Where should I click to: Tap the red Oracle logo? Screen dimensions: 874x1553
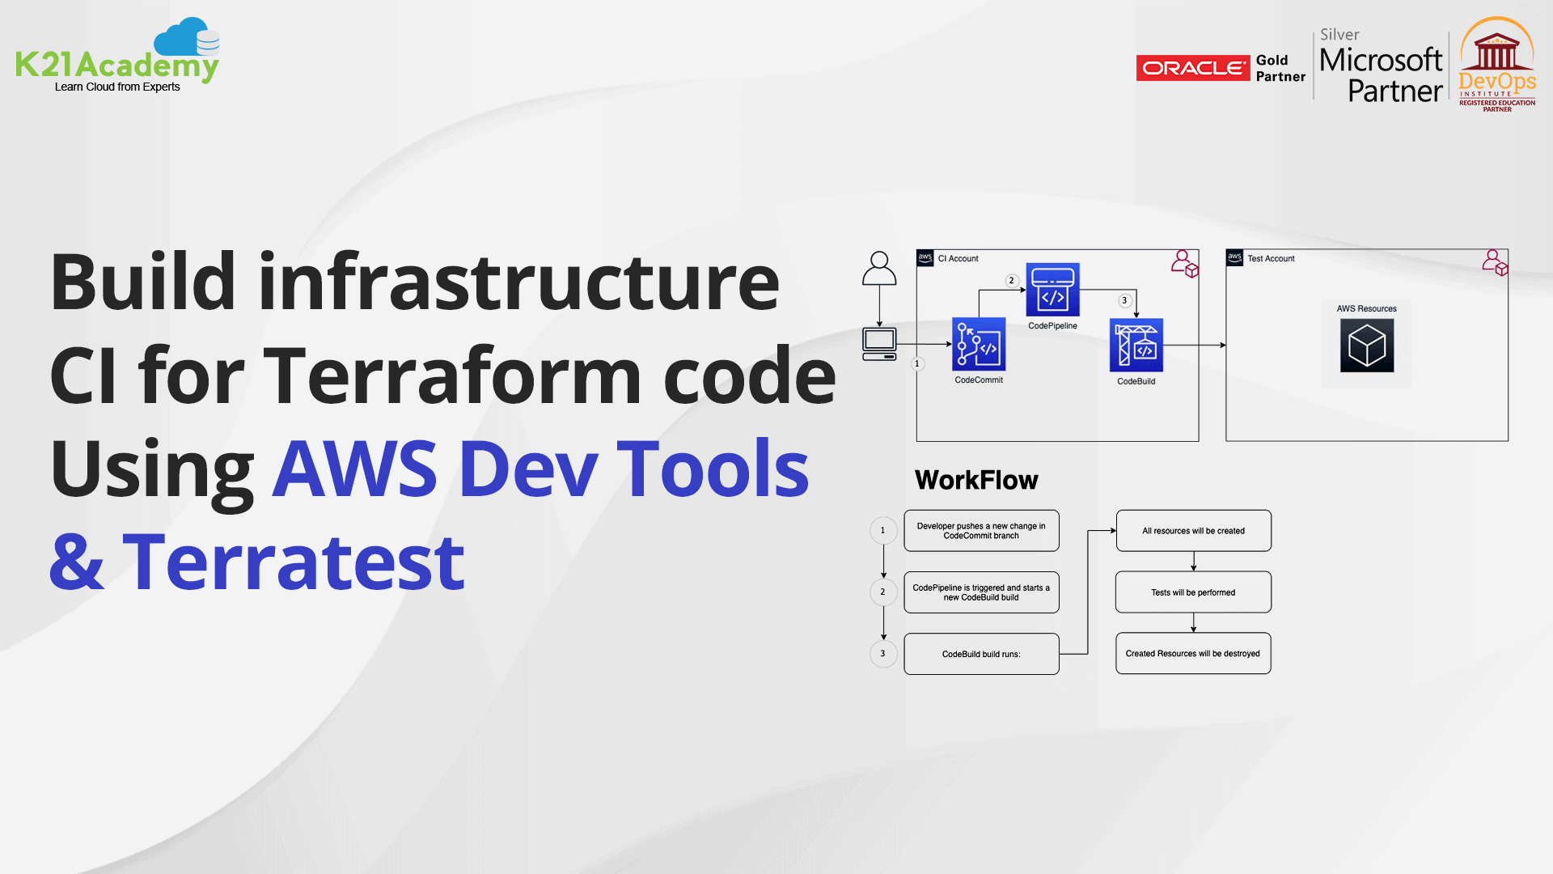1192,68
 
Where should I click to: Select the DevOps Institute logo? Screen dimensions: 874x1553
1497,65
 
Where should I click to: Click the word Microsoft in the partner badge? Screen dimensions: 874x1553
1381,60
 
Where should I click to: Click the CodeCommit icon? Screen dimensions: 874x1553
979,344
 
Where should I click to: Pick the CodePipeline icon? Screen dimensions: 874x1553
1052,290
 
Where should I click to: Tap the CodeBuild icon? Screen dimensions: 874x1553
1136,346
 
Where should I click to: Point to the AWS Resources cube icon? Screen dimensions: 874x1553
1367,346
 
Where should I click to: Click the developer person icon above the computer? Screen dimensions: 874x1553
879,269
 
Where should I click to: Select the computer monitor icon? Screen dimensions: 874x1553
879,343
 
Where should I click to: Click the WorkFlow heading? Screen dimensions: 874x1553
976,480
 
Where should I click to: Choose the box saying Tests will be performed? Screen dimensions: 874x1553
1193,592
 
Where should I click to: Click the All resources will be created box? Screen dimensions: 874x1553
1193,531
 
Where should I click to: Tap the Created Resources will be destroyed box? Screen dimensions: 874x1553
1193,654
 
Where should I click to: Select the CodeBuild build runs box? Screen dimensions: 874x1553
981,654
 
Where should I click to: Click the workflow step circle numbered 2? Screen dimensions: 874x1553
882,592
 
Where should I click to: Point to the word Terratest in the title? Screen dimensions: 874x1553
293,562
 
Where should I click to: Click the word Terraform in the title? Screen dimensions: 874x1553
453,375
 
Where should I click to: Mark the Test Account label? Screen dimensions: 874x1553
1271,259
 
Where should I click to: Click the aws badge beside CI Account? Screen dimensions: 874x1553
925,258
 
